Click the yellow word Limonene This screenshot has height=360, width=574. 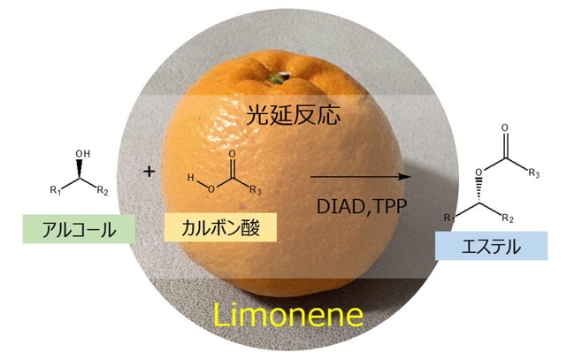coord(287,315)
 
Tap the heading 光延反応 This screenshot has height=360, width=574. coord(293,115)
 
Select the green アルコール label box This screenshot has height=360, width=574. coord(79,229)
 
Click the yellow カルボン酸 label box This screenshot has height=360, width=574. coord(220,227)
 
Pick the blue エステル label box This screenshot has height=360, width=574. coord(491,246)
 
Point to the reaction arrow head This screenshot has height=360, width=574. coord(405,177)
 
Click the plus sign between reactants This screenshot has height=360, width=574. coord(149,172)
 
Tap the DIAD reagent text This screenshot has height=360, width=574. coord(339,207)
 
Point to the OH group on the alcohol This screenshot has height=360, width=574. coord(83,153)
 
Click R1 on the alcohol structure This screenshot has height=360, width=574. coord(55,190)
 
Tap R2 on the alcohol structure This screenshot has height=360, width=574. coord(103,190)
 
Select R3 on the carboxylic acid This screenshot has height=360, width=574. coord(256,190)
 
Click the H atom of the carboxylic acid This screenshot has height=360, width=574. coord(191,178)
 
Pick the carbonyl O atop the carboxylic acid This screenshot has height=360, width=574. coord(232,154)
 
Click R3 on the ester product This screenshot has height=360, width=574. coord(533,172)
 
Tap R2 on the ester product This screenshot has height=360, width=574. coord(508,218)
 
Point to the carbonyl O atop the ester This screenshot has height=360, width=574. coord(505,127)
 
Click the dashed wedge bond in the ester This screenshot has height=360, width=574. coord(478,190)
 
